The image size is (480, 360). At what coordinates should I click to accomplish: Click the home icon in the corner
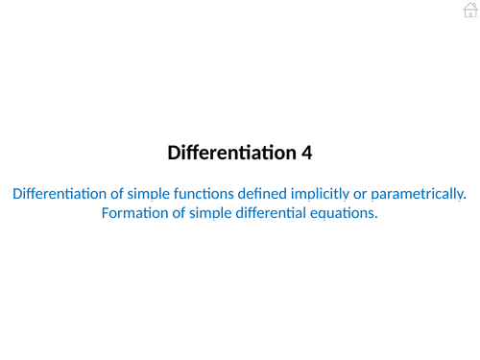point(469,10)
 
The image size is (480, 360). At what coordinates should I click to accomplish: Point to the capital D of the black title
point(174,153)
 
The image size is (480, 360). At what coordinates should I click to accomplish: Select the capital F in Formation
point(105,213)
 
